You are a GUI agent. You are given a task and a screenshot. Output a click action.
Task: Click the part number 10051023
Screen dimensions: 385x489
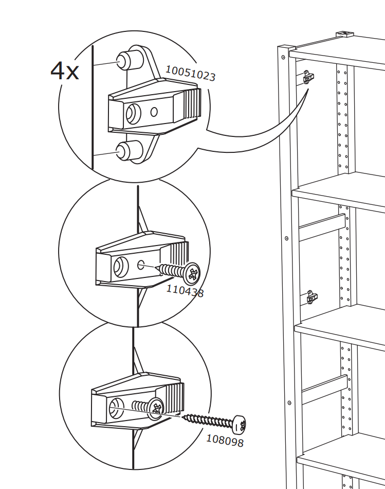tap(190, 74)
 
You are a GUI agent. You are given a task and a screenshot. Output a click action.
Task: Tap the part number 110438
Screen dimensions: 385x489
tap(185, 291)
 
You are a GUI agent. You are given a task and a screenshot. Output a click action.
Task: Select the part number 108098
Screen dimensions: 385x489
tap(225, 441)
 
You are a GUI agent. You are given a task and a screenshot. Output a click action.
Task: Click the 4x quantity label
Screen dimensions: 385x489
tap(64, 71)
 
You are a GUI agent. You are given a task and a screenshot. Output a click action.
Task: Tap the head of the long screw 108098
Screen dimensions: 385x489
tap(239, 425)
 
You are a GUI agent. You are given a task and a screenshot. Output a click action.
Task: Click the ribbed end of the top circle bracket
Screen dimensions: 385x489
tap(191, 104)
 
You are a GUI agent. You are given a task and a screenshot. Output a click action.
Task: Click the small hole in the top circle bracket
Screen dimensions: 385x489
tap(154, 112)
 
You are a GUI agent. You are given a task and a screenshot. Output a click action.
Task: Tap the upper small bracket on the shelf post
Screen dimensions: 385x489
tap(308, 77)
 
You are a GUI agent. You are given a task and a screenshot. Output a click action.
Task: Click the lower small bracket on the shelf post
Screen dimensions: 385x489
tap(312, 298)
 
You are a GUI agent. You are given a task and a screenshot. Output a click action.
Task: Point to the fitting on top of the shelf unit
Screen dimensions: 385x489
tap(344, 33)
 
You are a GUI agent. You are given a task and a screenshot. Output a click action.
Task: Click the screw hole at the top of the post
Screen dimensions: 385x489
tap(283, 57)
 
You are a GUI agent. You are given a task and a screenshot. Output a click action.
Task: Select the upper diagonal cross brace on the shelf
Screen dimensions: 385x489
tap(322, 227)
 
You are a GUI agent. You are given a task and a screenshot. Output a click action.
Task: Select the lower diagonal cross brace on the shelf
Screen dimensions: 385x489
tap(324, 389)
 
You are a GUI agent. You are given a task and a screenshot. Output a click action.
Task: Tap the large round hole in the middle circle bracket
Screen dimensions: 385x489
tap(121, 267)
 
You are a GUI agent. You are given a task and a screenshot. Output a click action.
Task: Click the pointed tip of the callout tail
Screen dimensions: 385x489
tap(308, 89)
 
